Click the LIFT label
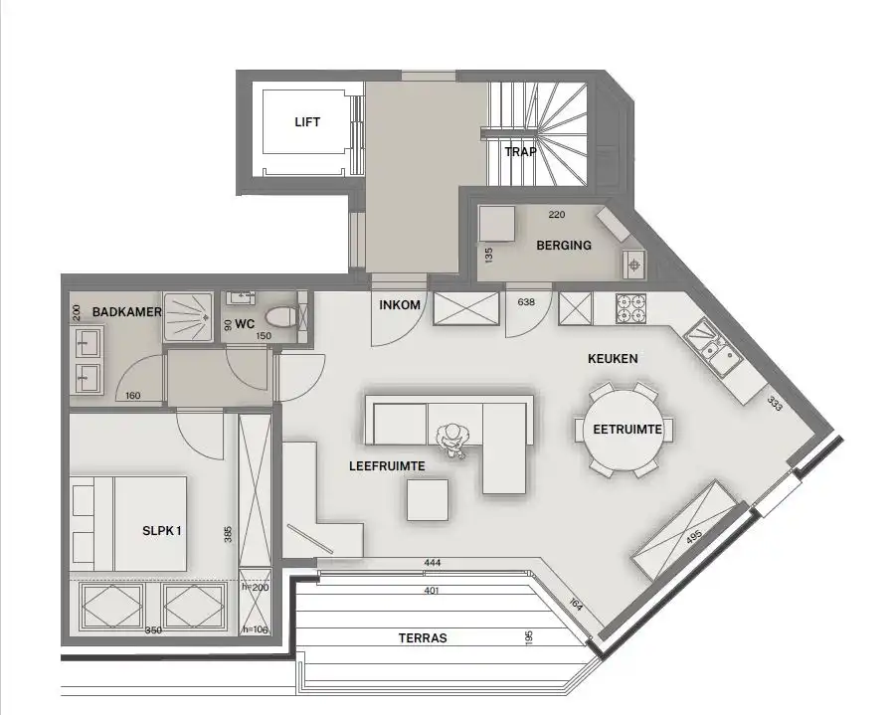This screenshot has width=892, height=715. point(307,122)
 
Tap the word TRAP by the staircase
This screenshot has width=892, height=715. point(520,152)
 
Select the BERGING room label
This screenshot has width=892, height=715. point(563,245)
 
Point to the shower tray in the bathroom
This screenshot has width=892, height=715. point(188,316)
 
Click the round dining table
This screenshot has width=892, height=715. point(624,430)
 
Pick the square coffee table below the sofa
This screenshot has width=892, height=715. point(428,499)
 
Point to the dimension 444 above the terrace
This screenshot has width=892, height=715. point(432,563)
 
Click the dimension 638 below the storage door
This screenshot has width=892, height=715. point(527,302)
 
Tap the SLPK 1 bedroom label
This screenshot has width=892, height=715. point(161,530)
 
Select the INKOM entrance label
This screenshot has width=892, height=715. point(400,305)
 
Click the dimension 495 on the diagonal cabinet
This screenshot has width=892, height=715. point(694,538)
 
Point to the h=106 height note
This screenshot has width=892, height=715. point(256,629)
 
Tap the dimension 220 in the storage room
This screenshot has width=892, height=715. point(558,213)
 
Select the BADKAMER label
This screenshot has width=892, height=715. point(127,312)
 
